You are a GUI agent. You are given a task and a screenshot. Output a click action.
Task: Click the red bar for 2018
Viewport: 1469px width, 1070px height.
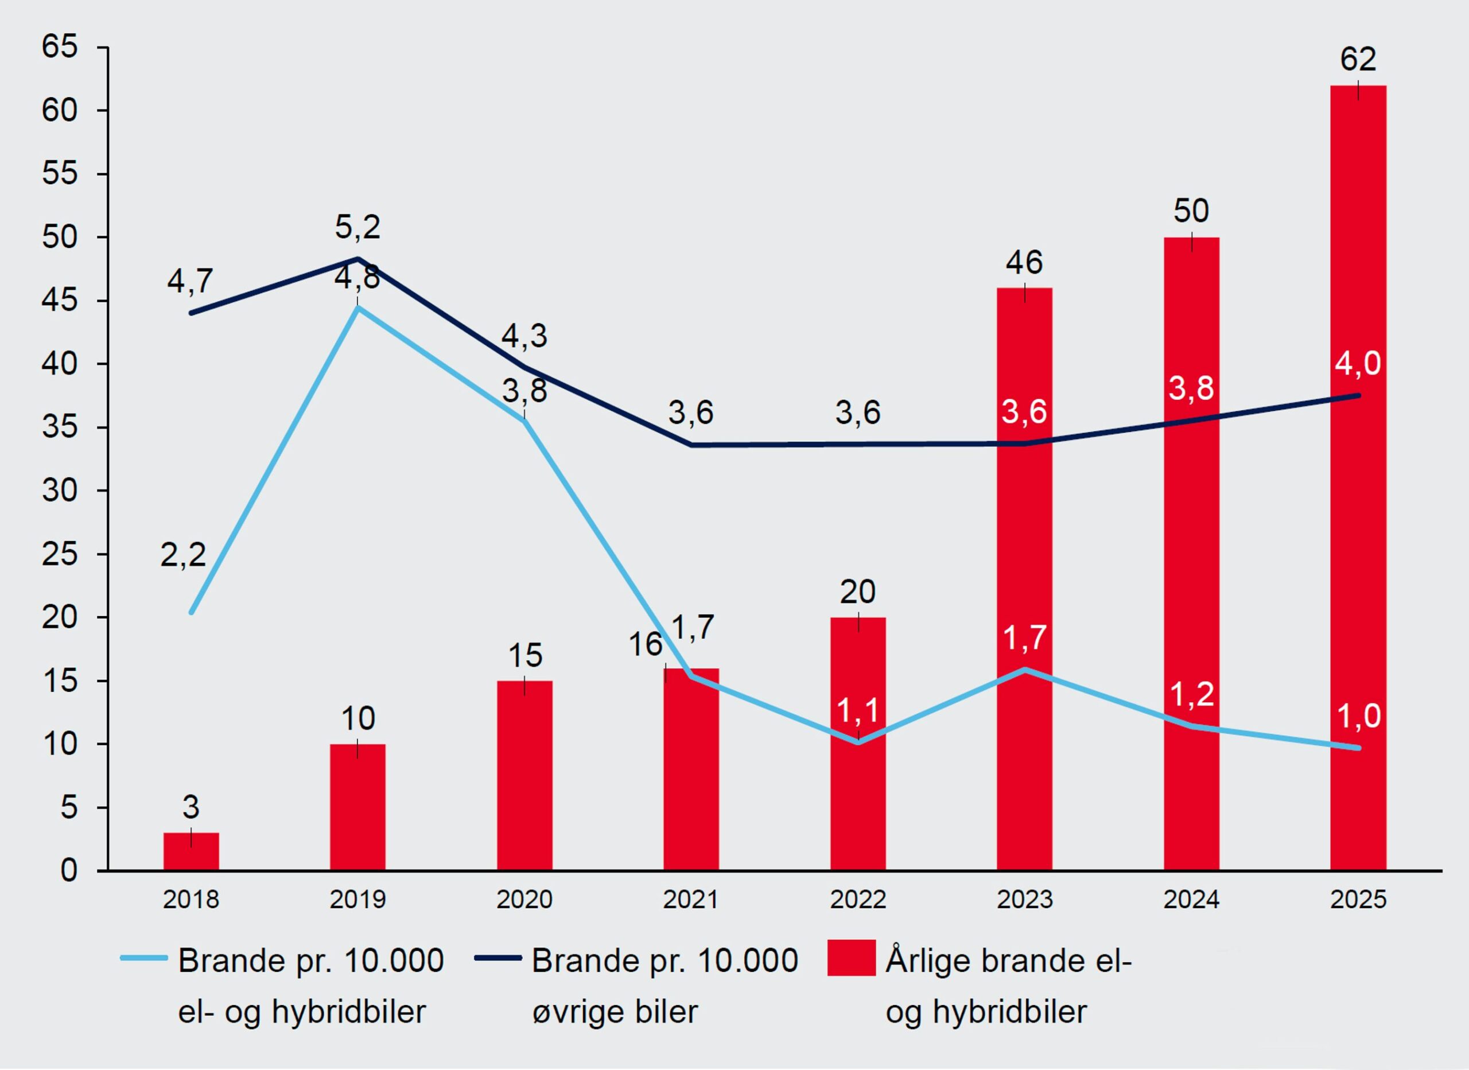(x=191, y=851)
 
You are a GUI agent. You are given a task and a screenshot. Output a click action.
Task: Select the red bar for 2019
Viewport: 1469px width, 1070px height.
(x=357, y=807)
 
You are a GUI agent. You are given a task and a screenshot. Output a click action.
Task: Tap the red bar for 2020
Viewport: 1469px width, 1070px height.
(x=524, y=775)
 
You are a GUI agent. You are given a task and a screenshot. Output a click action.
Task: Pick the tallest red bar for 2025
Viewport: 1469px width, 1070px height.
(x=1358, y=477)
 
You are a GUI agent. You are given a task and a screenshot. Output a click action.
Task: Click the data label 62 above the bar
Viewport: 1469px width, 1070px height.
(x=1358, y=60)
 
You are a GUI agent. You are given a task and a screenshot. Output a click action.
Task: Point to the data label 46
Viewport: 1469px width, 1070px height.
(x=1025, y=263)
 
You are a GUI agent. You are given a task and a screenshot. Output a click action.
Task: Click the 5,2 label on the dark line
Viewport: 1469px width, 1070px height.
(x=357, y=228)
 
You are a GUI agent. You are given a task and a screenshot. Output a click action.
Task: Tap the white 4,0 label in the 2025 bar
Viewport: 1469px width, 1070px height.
(x=1358, y=363)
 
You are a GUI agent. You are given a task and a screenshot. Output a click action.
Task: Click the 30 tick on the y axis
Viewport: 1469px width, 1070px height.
(x=60, y=491)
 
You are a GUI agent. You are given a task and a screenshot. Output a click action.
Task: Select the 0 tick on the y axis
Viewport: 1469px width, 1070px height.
(x=69, y=870)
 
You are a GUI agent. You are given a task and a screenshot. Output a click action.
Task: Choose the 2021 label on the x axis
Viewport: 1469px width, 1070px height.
(x=691, y=900)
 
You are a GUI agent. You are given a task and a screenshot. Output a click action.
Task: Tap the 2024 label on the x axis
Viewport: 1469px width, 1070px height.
(x=1192, y=900)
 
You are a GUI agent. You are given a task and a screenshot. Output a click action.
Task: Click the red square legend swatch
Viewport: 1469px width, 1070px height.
(x=852, y=958)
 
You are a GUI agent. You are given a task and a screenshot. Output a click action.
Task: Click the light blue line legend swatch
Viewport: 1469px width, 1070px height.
(x=144, y=958)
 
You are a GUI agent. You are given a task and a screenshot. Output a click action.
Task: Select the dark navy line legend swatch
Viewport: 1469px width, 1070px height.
(x=498, y=958)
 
